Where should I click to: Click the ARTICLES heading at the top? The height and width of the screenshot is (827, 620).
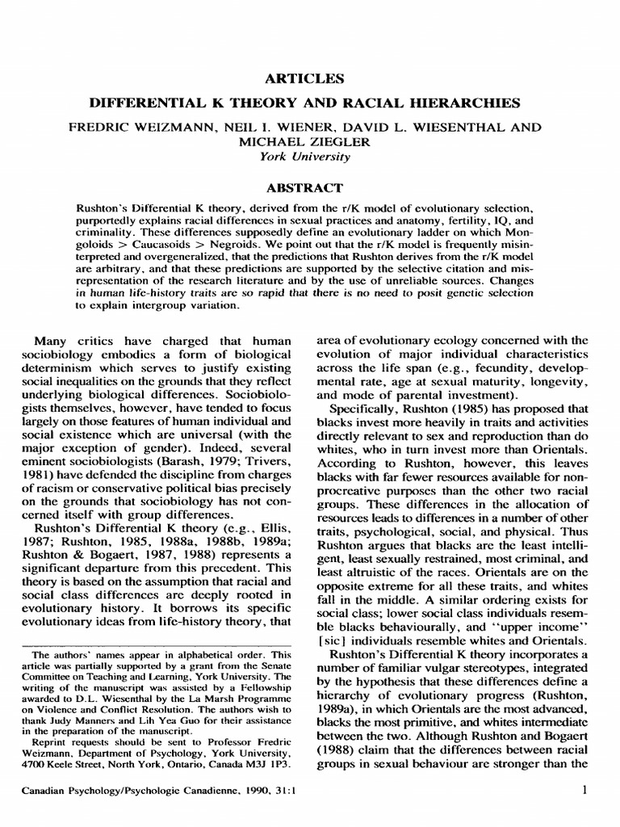point(310,78)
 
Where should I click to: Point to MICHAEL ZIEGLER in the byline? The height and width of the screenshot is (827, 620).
point(310,142)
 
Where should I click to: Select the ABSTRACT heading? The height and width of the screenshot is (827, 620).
point(310,187)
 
